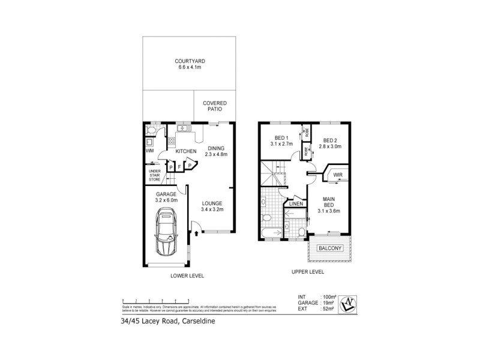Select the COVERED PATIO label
(214, 107)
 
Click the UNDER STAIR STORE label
(155, 175)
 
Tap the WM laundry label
(149, 151)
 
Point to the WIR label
(337, 175)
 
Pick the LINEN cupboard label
(295, 205)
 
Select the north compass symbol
(347, 304)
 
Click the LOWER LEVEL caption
(187, 276)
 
